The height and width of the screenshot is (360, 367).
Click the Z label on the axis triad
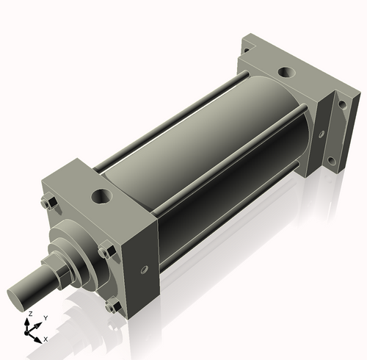pos(29,314)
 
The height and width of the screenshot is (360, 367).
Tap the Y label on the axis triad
pos(45,318)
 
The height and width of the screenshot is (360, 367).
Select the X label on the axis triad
pos(46,339)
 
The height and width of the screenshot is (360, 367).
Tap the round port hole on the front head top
pos(101,197)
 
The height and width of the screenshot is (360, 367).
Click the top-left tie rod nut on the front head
pos(50,204)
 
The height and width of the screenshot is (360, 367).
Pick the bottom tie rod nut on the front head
pos(111,307)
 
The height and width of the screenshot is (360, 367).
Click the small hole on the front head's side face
pos(144,268)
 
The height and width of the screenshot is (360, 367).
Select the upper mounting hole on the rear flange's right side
pos(341,109)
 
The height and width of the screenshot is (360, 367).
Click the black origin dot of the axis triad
pos(32,330)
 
